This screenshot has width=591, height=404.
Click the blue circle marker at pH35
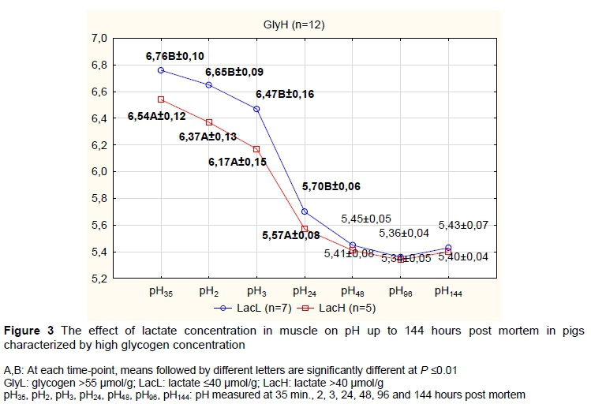161,70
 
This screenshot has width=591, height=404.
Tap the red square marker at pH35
161,99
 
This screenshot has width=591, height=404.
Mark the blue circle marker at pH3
256,108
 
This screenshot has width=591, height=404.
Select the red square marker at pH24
305,229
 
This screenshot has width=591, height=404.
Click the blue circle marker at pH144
448,248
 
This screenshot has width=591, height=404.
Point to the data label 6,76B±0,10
175,56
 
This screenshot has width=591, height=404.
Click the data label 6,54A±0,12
157,116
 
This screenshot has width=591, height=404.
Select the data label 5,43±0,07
465,226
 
